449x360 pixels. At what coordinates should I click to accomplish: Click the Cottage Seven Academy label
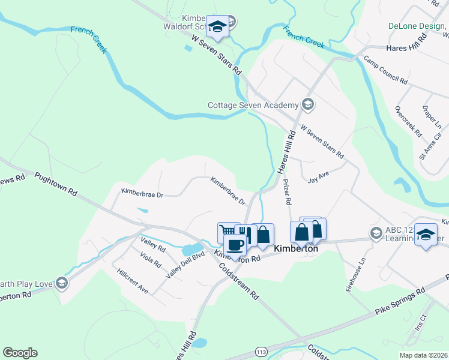coord(253,105)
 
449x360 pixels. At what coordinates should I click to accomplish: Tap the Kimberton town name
coord(295,248)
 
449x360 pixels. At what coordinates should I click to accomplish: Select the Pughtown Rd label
coord(56,184)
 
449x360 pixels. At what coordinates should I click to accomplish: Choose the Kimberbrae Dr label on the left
coord(142,193)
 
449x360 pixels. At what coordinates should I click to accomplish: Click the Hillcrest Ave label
coord(133,280)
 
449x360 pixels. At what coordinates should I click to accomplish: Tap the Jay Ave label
coord(319,179)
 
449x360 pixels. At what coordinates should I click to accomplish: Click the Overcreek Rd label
coord(408,121)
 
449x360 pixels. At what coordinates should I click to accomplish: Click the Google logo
coord(20,353)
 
